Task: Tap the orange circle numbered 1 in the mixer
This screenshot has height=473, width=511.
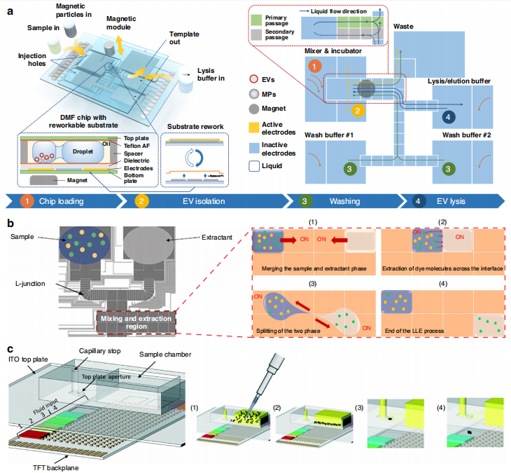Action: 316,66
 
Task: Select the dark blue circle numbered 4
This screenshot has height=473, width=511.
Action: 449,116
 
